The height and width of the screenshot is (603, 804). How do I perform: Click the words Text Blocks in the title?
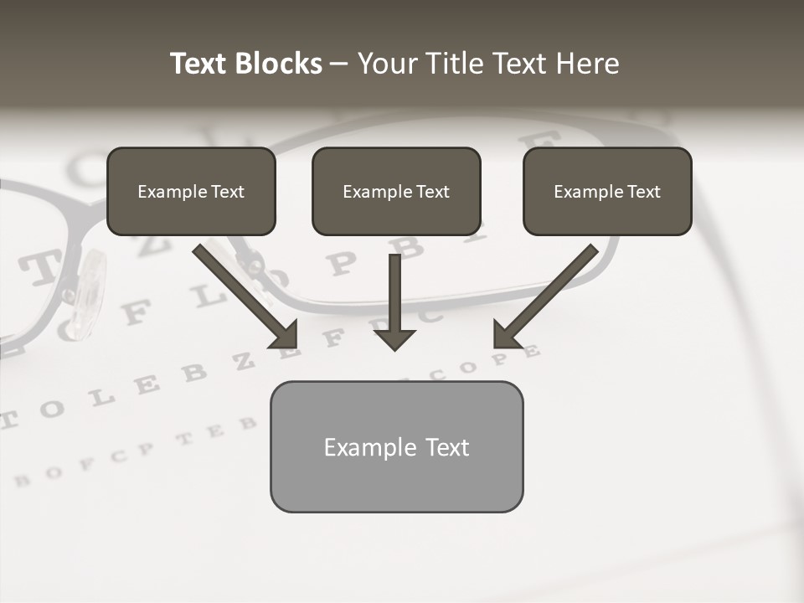245,64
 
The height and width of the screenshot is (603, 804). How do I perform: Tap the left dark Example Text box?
191,191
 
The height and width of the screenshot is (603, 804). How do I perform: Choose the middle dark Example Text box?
396,191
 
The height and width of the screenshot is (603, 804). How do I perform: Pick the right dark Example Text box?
607,191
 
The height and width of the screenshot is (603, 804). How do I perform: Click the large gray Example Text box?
396,446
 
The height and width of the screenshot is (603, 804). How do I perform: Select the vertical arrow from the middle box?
394,297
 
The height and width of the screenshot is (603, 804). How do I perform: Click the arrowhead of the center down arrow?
394,339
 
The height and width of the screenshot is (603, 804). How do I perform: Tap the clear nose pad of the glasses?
88,293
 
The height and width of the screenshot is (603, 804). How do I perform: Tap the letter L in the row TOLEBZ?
102,396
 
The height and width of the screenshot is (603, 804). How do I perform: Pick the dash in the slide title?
339,64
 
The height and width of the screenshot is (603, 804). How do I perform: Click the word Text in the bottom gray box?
446,447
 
